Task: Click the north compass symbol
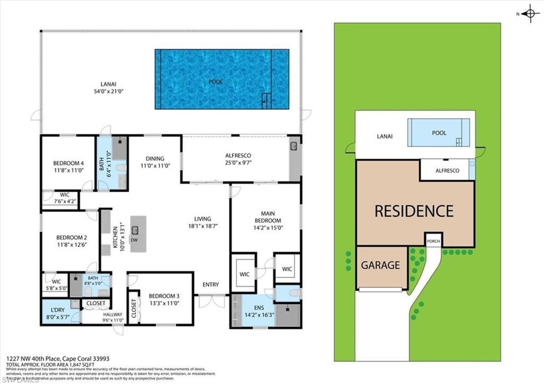(530, 14)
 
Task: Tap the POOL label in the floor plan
(216, 82)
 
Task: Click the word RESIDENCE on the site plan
(414, 211)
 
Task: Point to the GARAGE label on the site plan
(381, 264)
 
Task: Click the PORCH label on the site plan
(433, 241)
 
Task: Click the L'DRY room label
(57, 313)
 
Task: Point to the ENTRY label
(210, 285)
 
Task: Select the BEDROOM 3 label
(164, 300)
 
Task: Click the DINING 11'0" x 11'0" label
(155, 162)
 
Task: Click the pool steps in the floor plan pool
(267, 99)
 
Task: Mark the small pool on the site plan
(439, 133)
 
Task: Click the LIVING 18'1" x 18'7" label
(202, 222)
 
